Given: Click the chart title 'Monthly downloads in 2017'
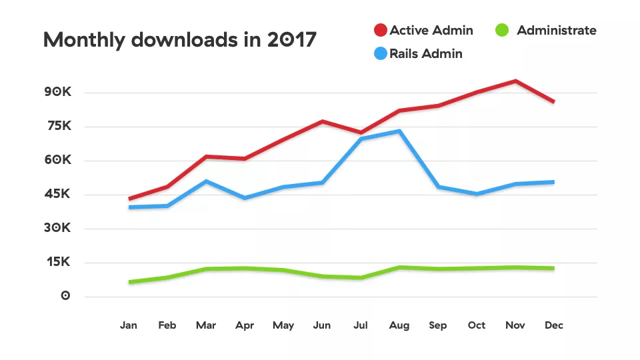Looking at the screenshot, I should tap(179, 40).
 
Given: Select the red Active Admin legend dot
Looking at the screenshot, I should tap(381, 31).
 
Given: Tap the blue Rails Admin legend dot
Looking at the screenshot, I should tap(381, 54).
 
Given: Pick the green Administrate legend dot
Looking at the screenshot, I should tap(503, 31).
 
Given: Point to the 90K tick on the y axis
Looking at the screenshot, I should tap(57, 92).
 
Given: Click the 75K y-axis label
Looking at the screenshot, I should tap(58, 126).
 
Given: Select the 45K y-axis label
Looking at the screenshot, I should tap(58, 194).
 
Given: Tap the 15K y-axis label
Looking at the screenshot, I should tap(58, 262).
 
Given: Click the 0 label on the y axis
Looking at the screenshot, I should tap(65, 296).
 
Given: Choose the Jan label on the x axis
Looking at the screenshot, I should tap(129, 325).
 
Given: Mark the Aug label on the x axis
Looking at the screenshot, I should tap(399, 325).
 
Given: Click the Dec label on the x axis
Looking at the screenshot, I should tap(554, 325).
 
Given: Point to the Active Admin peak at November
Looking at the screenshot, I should tap(515, 81).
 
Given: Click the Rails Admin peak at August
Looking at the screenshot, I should tap(399, 131).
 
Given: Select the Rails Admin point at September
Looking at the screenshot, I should tap(438, 187).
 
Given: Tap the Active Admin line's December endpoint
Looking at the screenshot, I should tap(554, 101).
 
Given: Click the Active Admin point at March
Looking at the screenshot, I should tap(206, 157).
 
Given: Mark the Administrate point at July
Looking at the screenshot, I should tap(361, 277).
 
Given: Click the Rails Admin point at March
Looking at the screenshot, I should tap(206, 181).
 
